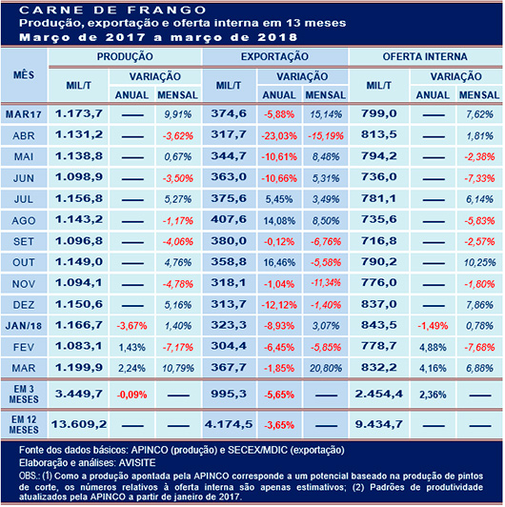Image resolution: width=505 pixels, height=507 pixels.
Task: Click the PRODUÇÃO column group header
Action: (x=125, y=57)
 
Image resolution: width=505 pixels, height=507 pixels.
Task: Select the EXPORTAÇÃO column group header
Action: (x=274, y=57)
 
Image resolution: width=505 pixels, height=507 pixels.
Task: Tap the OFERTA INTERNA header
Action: (x=425, y=57)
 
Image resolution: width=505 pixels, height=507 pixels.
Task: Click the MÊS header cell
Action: (x=24, y=75)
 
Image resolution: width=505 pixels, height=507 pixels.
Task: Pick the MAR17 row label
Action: (x=24, y=114)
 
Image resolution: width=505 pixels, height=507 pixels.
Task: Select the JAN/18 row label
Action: (x=24, y=326)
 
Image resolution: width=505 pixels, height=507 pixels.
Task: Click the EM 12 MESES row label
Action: (x=24, y=424)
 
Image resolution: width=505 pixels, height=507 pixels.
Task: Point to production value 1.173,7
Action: (x=79, y=113)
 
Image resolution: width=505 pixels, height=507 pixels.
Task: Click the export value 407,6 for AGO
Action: (x=229, y=220)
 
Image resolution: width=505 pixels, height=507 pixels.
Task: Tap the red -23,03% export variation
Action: (x=279, y=135)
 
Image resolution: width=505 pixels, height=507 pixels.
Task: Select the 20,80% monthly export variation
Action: (x=326, y=368)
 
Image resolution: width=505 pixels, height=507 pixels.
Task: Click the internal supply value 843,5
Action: (x=378, y=325)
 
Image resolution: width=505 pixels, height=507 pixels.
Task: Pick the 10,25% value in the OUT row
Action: (x=480, y=263)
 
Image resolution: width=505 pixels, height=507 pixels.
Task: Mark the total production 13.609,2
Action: (x=79, y=424)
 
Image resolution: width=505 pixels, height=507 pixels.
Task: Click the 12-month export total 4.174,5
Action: (x=229, y=424)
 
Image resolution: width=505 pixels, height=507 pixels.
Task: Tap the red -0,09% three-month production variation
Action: (x=131, y=395)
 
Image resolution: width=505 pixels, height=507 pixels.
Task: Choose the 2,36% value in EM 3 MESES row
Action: (x=433, y=395)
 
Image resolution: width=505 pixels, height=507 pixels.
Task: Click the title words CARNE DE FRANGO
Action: (x=112, y=10)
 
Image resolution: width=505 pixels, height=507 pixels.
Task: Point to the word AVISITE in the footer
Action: (x=137, y=463)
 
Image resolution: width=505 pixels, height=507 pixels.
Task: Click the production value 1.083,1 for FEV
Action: (x=79, y=347)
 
